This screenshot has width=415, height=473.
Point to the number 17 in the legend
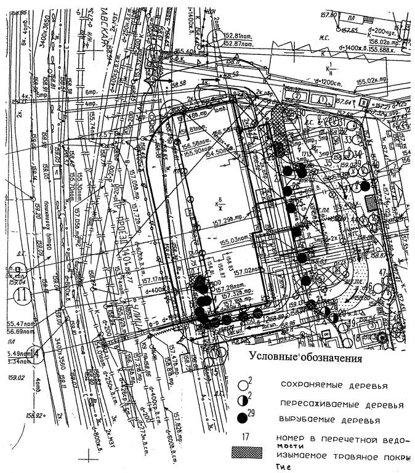pyautogui.click(x=245, y=437)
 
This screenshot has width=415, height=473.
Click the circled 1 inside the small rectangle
pyautogui.click(x=321, y=98)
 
